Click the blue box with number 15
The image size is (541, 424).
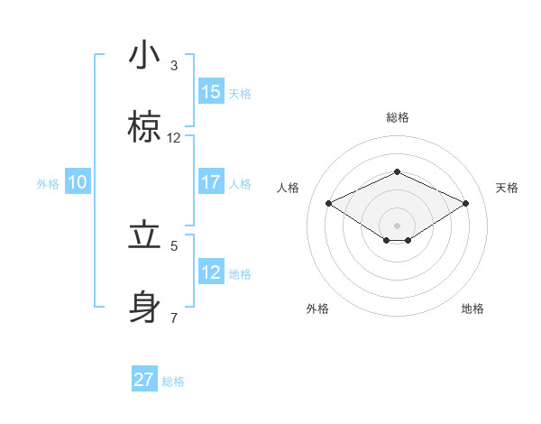coord(211,91)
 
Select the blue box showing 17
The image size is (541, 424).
coord(211,182)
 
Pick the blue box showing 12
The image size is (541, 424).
coord(211,272)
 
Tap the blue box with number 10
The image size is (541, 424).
coord(78,182)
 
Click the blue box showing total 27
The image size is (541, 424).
coord(144,380)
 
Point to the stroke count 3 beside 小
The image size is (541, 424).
coord(174,66)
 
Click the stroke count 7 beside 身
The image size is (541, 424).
coord(174,318)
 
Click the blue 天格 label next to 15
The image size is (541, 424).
coord(240,93)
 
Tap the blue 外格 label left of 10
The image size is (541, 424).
coord(48,183)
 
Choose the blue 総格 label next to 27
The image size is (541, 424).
coord(173,382)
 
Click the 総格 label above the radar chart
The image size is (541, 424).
coord(397,117)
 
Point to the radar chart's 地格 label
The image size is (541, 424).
coord(472,309)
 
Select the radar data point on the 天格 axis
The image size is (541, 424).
coord(466,203)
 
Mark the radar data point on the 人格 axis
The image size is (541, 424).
coord(328,203)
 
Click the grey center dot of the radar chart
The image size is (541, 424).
coord(397,225)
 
